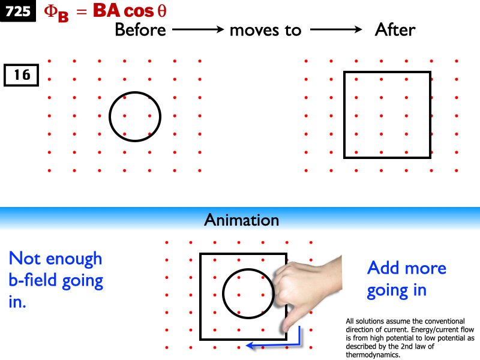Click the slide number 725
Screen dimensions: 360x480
[18, 11]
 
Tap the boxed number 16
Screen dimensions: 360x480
[22, 76]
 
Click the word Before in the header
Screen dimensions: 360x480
[140, 29]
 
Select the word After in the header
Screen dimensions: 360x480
[395, 29]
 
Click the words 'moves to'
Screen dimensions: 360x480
[265, 29]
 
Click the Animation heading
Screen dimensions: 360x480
[241, 220]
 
